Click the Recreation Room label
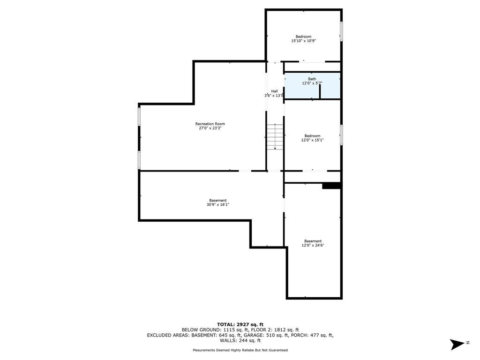tap(210, 124)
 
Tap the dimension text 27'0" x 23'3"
tap(210, 128)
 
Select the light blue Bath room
tap(312, 86)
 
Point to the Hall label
tap(274, 91)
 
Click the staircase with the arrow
tap(275, 137)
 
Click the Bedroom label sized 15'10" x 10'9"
tap(303, 37)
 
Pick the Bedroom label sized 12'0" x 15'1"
tap(312, 136)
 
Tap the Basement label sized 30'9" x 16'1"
tap(218, 201)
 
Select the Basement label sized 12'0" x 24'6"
tap(313, 241)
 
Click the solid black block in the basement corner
tap(331, 186)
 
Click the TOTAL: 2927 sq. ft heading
tap(240, 324)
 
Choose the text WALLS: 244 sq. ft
tap(240, 340)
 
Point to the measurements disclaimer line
tap(240, 350)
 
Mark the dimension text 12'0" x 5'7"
tap(312, 83)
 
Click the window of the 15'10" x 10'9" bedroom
tap(341, 31)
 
